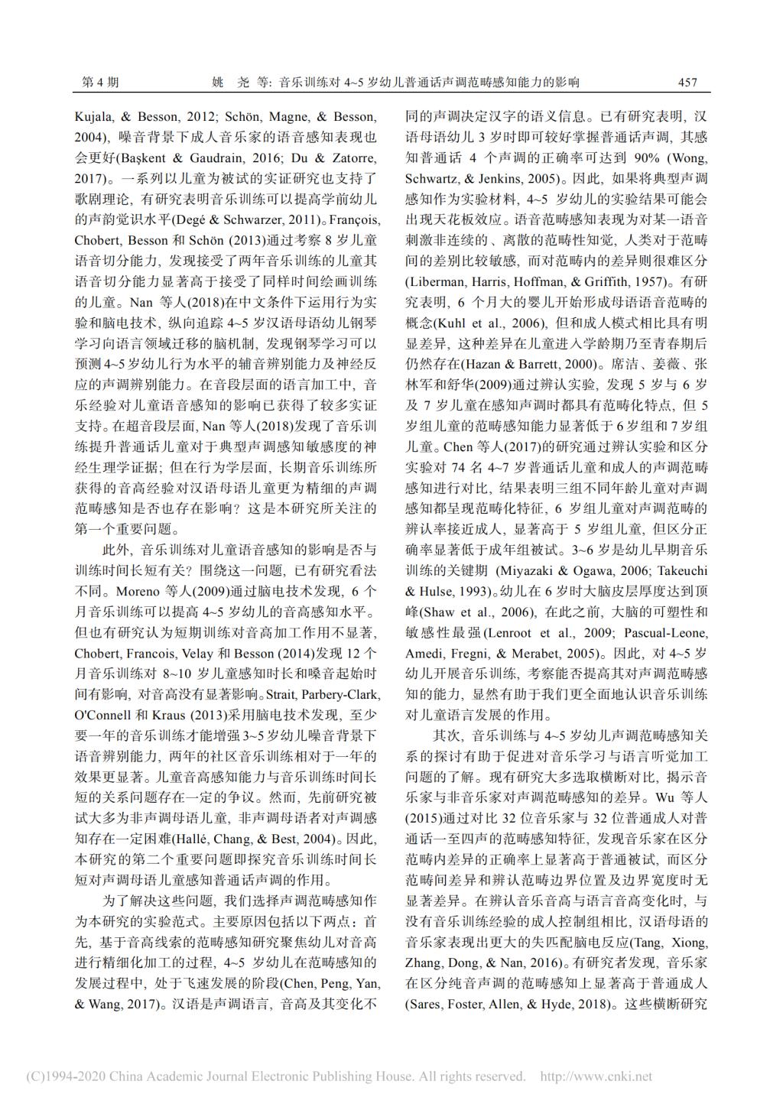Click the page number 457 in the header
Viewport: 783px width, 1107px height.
tap(687, 83)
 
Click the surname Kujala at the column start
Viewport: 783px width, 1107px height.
tap(93, 117)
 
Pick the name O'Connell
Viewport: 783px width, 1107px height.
tap(102, 715)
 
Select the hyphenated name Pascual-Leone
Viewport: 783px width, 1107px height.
tap(665, 632)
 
